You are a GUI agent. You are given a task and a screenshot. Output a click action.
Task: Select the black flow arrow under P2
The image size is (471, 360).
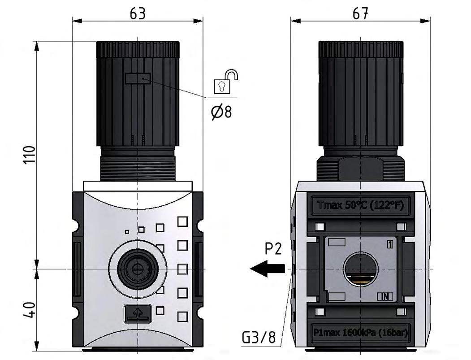point(268,269)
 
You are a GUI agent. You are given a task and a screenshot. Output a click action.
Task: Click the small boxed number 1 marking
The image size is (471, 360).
point(390,245)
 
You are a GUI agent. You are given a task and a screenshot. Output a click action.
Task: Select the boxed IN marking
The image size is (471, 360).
point(385,296)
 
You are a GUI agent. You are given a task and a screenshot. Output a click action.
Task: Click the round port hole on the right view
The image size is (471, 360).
point(360,269)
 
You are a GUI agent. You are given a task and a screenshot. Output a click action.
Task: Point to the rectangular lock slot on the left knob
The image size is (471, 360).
point(138,79)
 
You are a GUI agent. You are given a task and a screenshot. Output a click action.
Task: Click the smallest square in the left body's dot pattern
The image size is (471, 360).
point(127,232)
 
